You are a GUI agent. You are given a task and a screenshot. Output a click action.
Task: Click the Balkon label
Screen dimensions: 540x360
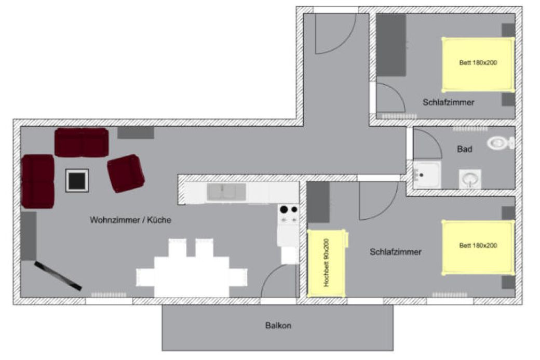tap(278, 326)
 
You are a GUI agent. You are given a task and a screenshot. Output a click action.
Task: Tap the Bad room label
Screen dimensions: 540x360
tap(465, 149)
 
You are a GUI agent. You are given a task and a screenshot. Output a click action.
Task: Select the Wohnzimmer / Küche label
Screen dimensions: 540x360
tap(130, 220)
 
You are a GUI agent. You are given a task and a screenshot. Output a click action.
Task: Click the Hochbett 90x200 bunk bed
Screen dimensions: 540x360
tap(326, 263)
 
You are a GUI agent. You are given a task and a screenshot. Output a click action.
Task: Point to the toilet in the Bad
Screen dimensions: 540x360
tap(501, 143)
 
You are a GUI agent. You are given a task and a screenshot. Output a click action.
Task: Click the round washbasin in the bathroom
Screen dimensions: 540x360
tap(470, 179)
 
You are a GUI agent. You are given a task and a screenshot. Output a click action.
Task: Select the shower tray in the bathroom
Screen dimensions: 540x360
tap(427, 175)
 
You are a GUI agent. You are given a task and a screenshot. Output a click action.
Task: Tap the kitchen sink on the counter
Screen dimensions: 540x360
tap(226, 192)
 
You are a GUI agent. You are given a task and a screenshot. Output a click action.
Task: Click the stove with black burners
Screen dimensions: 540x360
tap(289, 214)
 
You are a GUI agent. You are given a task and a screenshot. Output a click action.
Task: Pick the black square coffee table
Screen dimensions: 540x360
tap(77, 180)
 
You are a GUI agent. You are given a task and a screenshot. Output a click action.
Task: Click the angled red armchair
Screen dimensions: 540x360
tap(126, 174)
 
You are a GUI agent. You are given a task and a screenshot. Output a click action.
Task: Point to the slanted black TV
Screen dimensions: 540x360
tap(58, 276)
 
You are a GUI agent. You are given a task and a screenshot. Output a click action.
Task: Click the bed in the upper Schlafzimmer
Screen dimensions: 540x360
tap(478, 64)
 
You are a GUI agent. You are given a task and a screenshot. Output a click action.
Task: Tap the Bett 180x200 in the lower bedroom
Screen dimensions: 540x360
tap(478, 247)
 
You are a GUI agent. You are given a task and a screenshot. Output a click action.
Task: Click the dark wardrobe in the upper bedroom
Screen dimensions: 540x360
tap(391, 45)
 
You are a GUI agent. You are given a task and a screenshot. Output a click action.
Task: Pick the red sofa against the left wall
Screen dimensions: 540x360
tap(37, 181)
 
